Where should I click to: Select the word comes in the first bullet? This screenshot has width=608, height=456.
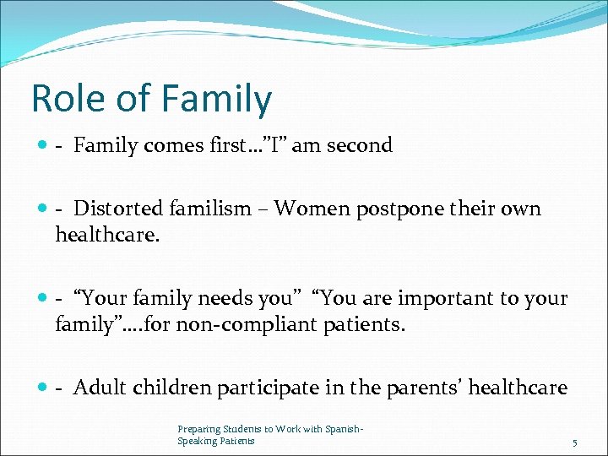coord(176,145)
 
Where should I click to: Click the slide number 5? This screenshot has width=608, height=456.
coord(574,442)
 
